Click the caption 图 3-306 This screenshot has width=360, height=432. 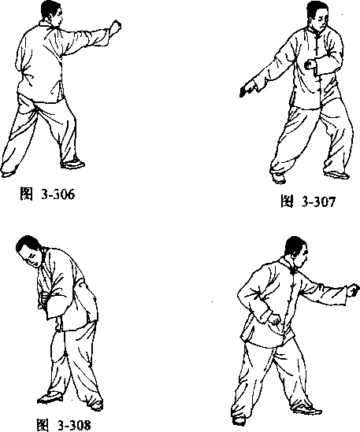pyautogui.click(x=47, y=194)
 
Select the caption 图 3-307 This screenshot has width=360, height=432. pyautogui.click(x=308, y=201)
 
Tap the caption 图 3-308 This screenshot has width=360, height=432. pyautogui.click(x=64, y=425)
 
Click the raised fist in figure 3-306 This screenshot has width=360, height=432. pyautogui.click(x=116, y=26)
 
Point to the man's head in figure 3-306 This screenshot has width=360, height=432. pyautogui.click(x=52, y=13)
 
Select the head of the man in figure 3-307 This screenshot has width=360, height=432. pyautogui.click(x=317, y=16)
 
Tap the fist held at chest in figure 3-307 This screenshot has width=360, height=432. pyautogui.click(x=309, y=65)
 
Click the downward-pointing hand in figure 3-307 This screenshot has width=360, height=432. pyautogui.click(x=247, y=89)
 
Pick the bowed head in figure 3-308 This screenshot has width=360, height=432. pyautogui.click(x=29, y=250)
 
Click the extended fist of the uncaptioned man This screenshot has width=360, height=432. pyautogui.click(x=353, y=290)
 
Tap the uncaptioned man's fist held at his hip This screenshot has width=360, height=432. pyautogui.click(x=274, y=319)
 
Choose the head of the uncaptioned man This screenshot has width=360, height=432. pyautogui.click(x=295, y=252)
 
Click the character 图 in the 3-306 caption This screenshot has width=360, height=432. pyautogui.click(x=26, y=194)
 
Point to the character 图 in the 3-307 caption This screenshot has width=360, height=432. pyautogui.click(x=287, y=201)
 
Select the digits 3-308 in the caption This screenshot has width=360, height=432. pyautogui.click(x=74, y=426)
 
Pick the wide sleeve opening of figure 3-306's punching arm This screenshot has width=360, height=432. pyautogui.click(x=107, y=37)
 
